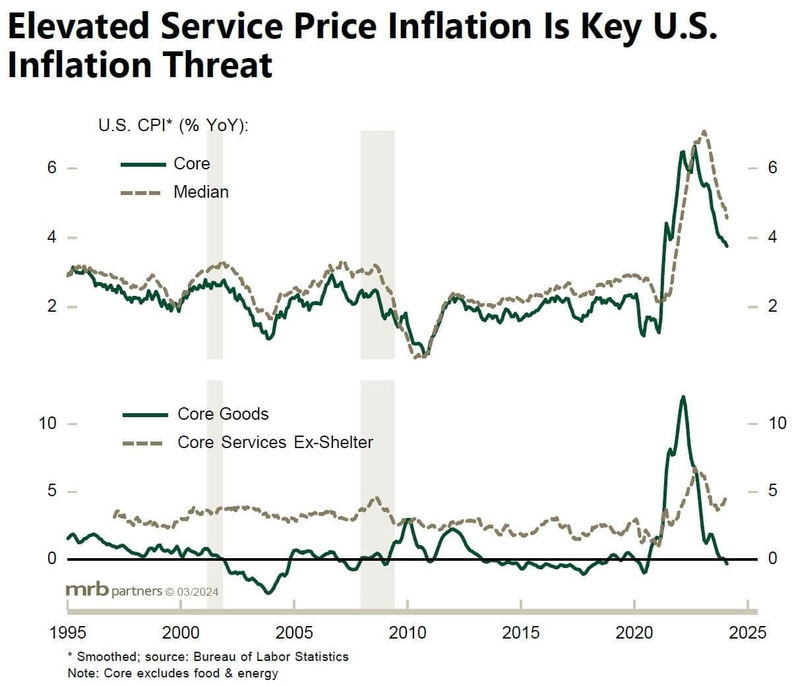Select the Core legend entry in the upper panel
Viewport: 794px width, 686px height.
coord(191,163)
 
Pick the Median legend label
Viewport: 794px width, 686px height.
coord(201,192)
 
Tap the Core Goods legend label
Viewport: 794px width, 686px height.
coord(223,414)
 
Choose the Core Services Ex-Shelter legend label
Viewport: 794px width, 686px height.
coord(275,442)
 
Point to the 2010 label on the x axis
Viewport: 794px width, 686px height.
coord(408,633)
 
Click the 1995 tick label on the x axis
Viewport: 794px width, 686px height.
coord(68,633)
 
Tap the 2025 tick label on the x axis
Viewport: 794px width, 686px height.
coord(748,633)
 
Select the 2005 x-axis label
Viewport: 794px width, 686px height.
coord(294,633)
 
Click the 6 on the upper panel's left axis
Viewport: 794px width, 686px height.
coord(52,167)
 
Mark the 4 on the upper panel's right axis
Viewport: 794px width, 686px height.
coord(772,237)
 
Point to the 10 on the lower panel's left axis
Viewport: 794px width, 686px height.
coord(47,423)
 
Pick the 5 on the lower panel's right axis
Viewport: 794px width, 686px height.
coord(773,491)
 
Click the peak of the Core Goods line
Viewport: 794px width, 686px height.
coord(683,397)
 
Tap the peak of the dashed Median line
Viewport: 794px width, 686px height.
coord(704,131)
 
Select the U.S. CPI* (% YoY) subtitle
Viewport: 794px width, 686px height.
coord(173,125)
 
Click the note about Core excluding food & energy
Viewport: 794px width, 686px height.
coord(173,673)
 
